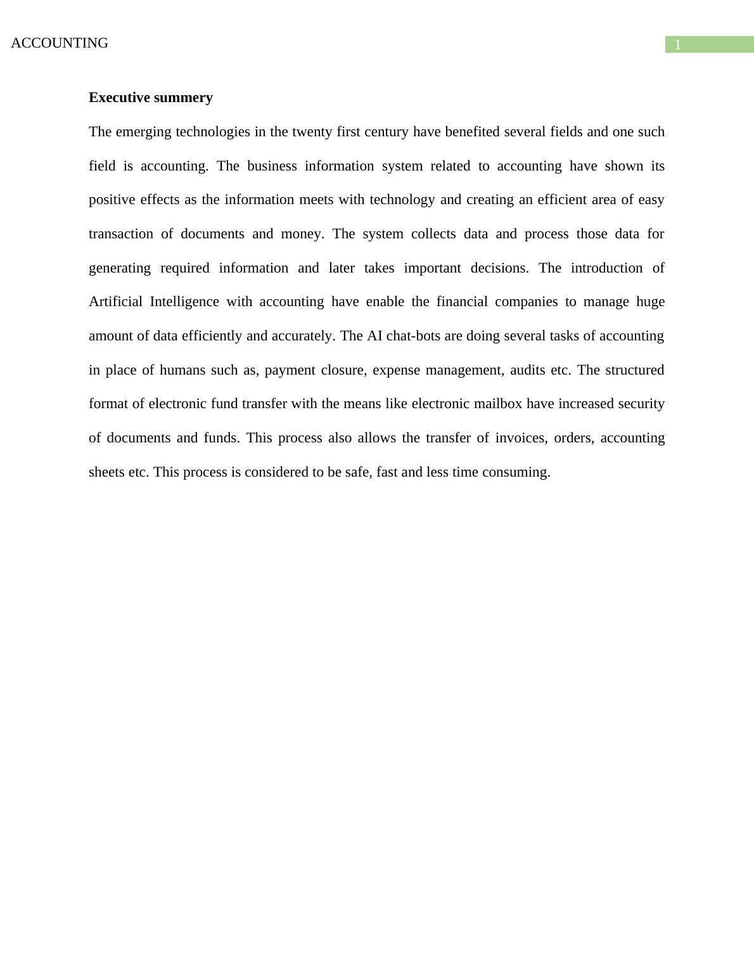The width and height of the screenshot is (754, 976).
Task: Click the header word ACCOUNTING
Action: [x=60, y=43]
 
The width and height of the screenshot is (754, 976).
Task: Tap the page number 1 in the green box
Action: [x=677, y=45]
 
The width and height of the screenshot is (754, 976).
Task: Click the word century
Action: [x=386, y=132]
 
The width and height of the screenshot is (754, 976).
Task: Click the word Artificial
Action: [x=115, y=302]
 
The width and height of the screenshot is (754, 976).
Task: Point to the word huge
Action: [x=650, y=302]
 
